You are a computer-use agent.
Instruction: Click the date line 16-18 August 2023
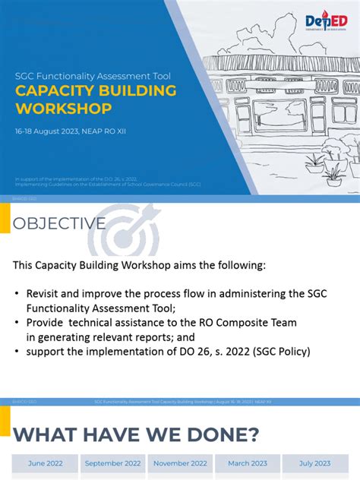point(71,131)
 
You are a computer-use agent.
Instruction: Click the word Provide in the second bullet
point(48,323)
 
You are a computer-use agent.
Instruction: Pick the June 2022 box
point(45,463)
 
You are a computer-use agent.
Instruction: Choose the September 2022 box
point(112,463)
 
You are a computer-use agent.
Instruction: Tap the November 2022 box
point(180,463)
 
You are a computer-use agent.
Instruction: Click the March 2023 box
point(248,463)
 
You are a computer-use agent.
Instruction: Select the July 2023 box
point(314,463)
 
